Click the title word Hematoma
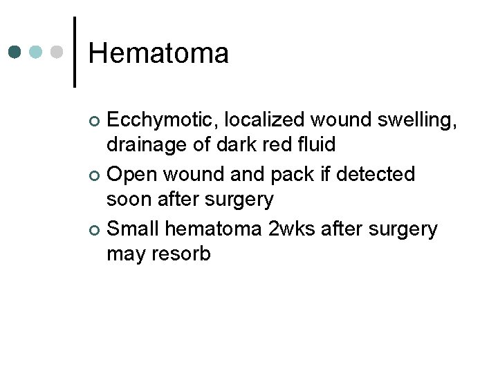coord(158,53)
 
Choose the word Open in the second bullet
coord(131,174)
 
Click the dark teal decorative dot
coord(15,52)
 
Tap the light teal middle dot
coord(37,52)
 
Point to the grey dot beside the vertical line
coord(58,52)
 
